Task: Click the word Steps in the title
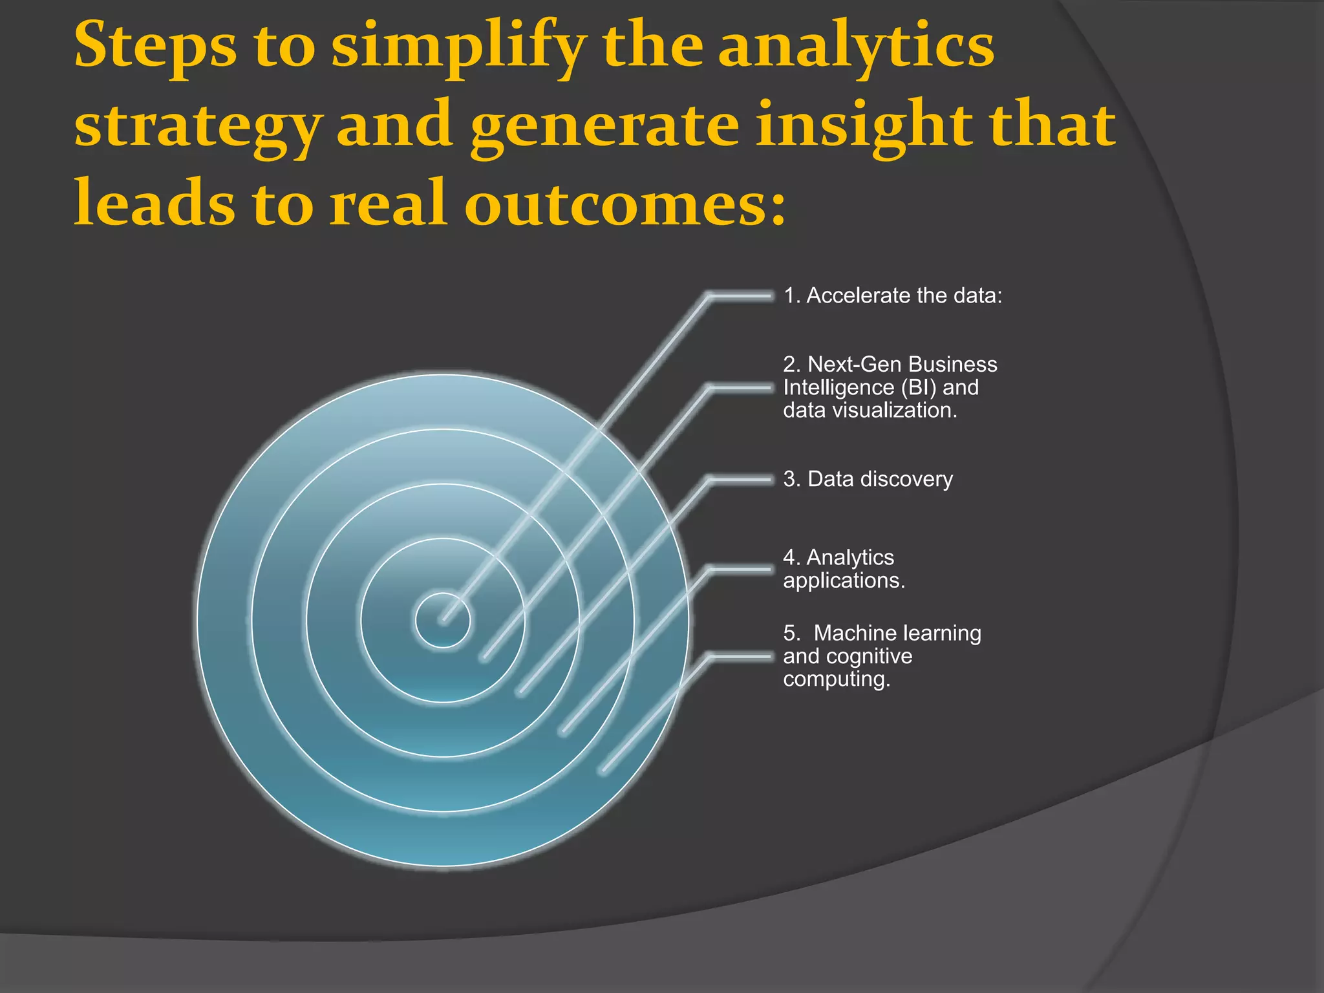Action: (155, 47)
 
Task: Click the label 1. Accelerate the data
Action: (893, 295)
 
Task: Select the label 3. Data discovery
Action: (868, 479)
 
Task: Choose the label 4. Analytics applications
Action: (844, 569)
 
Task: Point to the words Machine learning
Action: (897, 633)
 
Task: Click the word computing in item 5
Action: (837, 679)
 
